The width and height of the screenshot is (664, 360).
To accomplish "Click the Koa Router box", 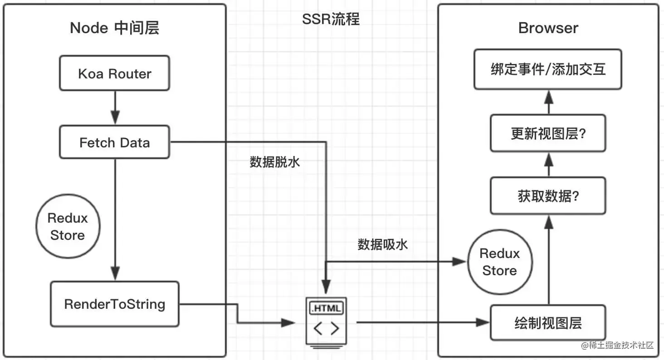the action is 115,73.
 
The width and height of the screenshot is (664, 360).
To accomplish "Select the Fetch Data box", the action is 115,142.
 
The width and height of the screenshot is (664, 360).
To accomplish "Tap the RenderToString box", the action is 115,304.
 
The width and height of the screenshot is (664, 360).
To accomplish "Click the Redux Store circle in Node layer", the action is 68,226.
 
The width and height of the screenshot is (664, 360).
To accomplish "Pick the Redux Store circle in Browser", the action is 500,262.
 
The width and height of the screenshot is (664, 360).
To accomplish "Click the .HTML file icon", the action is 326,322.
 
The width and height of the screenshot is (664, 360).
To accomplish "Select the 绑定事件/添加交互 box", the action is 548,69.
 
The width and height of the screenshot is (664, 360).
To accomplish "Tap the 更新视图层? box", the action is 548,133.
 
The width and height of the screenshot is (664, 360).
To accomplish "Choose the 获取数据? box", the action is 548,196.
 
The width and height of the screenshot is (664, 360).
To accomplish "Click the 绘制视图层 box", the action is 548,323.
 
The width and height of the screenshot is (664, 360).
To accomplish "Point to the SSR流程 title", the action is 331,19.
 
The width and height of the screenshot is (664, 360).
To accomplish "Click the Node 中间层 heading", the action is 115,28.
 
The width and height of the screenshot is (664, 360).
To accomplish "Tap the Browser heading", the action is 548,28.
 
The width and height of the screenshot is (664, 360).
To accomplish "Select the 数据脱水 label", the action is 275,162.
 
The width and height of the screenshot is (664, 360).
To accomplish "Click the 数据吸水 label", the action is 383,244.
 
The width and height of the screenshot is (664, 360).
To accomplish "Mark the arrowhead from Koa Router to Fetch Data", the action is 115,117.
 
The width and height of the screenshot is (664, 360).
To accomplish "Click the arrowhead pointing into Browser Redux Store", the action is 459,262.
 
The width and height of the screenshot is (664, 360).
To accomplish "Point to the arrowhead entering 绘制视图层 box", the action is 483,322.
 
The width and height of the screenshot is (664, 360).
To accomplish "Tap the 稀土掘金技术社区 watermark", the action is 617,345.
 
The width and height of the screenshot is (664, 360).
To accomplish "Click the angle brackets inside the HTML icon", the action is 326,328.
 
